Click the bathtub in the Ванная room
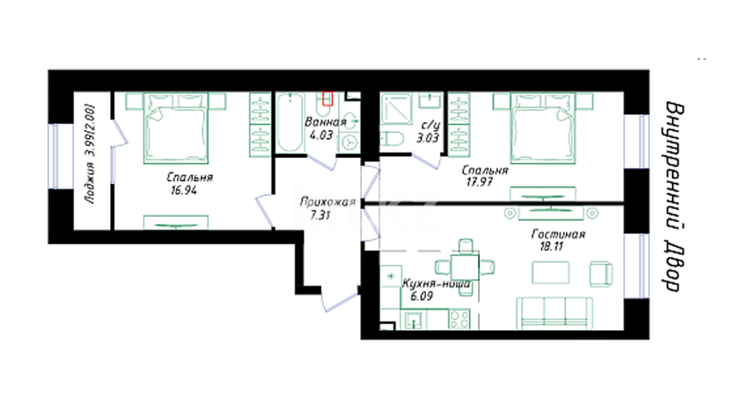290,122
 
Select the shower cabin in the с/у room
396,109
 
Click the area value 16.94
184,190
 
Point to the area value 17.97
479,182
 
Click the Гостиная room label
558,234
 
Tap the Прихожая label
328,202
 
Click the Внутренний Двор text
673,196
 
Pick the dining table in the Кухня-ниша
465,267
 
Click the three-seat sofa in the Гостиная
554,313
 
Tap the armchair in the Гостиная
601,274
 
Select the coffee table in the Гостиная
551,272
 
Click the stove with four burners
460,319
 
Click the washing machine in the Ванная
349,143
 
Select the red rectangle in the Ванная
328,98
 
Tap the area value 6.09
421,296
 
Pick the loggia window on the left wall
56,156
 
